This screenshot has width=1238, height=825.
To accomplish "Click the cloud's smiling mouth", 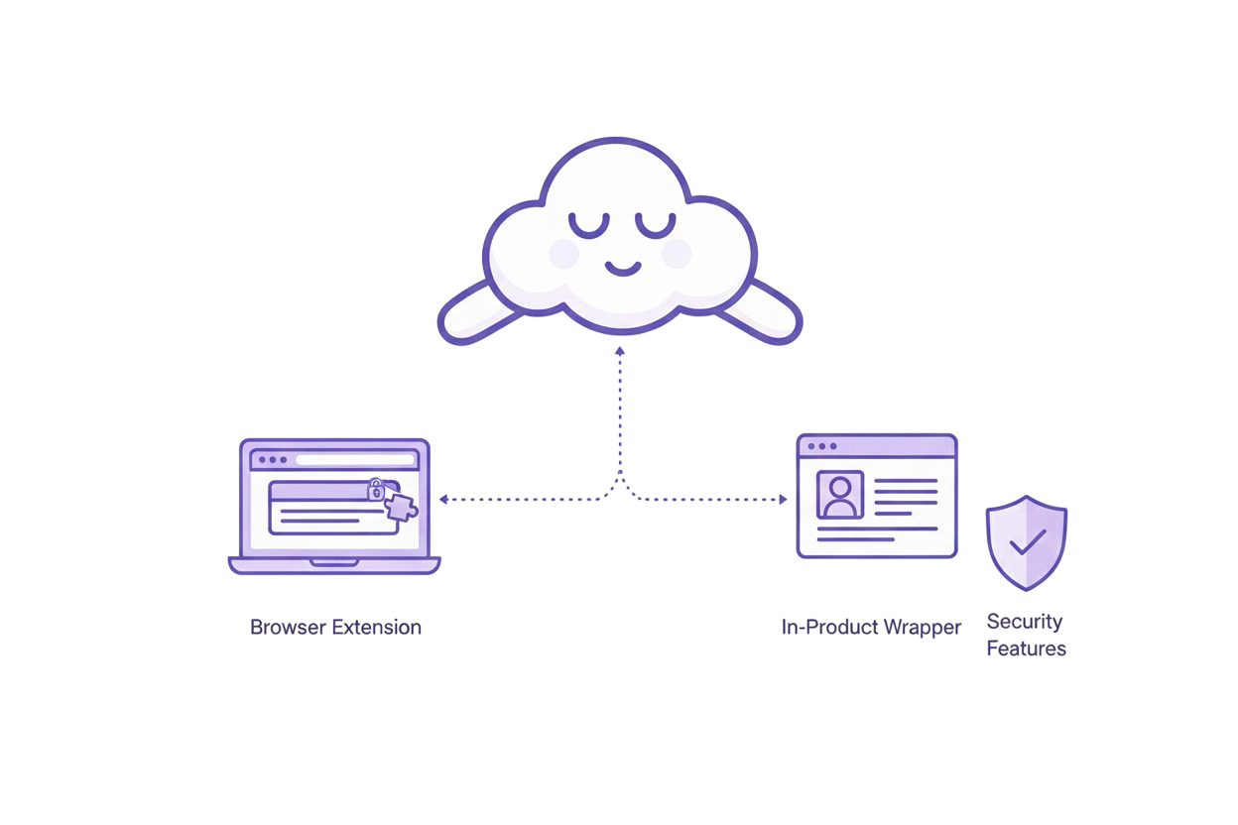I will click(623, 269).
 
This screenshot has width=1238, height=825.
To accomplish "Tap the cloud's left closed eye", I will click(589, 225).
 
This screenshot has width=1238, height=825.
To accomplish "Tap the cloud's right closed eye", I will click(655, 225).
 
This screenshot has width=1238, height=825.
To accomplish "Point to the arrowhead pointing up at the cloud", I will click(620, 351).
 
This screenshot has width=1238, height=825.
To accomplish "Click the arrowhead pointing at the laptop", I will click(443, 500).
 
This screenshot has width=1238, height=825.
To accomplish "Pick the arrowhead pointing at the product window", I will click(783, 500).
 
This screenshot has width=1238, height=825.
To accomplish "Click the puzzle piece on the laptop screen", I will click(401, 507).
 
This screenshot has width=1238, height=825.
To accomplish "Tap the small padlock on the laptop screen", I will click(376, 489).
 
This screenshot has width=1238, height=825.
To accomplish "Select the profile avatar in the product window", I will click(840, 494).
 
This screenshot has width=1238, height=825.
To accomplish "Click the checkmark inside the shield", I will click(1027, 541).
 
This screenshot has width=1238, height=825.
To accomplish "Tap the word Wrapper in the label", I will click(923, 628).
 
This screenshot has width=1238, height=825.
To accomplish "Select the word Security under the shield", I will click(1025, 622).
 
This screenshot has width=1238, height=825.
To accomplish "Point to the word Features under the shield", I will click(1027, 649).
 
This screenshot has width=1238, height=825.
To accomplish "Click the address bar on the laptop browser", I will click(353, 460).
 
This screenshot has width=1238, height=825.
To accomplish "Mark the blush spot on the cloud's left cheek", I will click(563, 254).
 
